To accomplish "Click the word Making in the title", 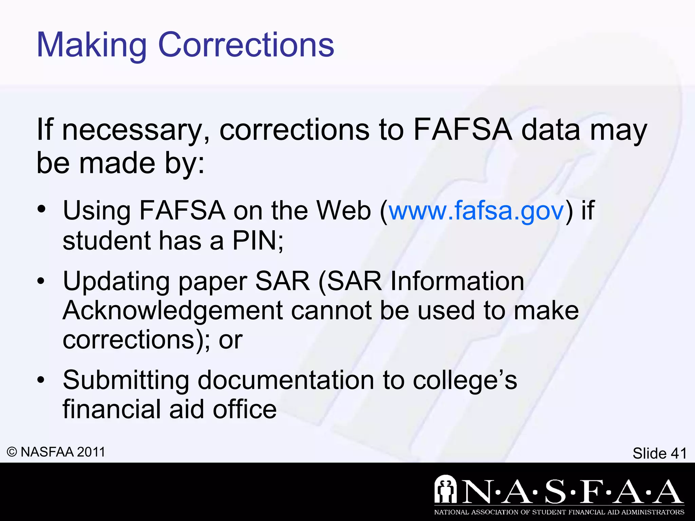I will (91, 45).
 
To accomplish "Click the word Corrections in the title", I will (246, 45).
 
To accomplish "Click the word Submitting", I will (126, 380).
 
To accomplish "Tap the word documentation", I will (286, 380).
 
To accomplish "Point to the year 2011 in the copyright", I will (91, 452).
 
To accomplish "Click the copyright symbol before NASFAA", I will (12, 452).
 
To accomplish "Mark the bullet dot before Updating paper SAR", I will (41, 281).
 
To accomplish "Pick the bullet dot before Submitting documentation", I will (41, 380).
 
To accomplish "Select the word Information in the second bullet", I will (457, 282).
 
